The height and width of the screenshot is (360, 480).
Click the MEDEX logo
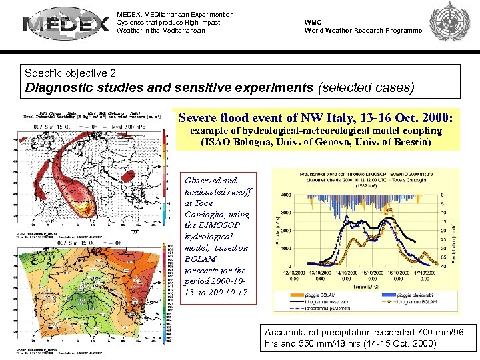66,25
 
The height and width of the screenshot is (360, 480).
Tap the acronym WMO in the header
313,22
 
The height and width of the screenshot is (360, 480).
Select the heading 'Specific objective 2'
70,73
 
